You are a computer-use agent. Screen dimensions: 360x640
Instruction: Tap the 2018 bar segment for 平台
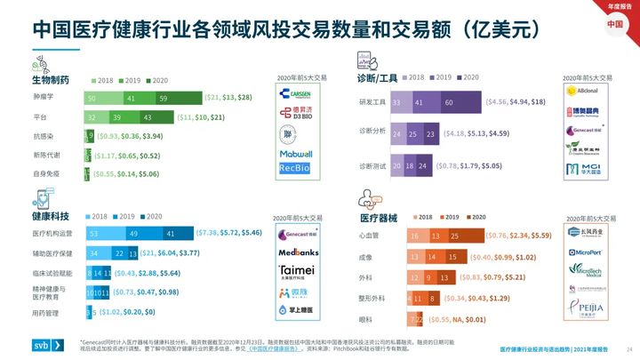[96, 117]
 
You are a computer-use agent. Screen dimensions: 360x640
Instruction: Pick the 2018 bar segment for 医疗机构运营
[103, 234]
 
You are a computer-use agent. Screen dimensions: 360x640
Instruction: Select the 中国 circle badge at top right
[616, 23]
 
